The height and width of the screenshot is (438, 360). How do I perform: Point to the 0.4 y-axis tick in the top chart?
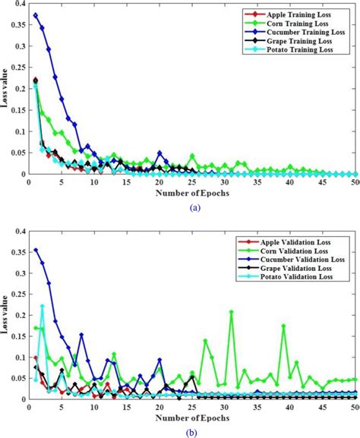pos(19,4)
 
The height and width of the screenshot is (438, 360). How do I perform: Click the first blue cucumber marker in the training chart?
pos(36,15)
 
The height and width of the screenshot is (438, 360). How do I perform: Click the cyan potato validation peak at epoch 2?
pos(42,306)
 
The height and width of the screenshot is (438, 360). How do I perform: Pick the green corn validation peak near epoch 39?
pos(283,326)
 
